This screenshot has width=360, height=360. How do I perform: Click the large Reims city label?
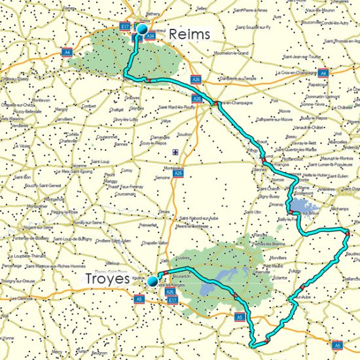(189, 35)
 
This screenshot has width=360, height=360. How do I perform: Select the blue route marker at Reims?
(141, 29)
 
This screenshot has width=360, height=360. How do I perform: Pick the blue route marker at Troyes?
(153, 281)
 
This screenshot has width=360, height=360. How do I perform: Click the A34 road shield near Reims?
(151, 37)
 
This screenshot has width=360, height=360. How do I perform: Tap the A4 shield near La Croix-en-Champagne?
(321, 73)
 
